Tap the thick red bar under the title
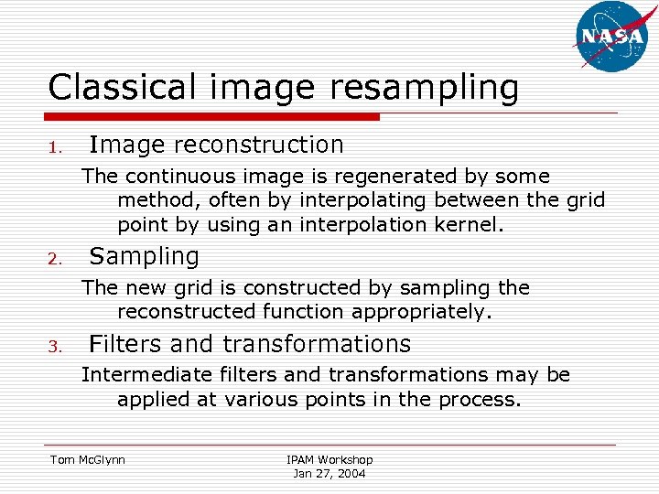tap(213, 117)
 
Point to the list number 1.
tap(55, 147)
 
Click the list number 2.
tap(55, 259)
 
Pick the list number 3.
tap(55, 347)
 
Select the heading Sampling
tap(144, 256)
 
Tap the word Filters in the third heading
tap(125, 344)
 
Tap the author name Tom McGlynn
tap(88, 459)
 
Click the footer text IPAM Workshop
tap(329, 459)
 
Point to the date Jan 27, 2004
tap(329, 473)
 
